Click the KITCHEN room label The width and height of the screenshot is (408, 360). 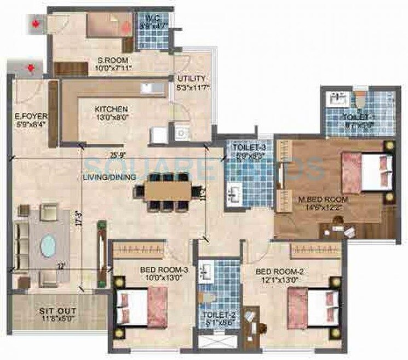[111, 109]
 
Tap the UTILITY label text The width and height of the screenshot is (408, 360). [191, 79]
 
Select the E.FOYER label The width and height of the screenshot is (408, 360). [31, 116]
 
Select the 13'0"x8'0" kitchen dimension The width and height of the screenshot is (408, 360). [111, 117]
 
